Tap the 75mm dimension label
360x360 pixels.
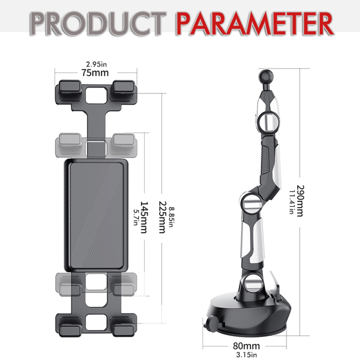pyautogui.click(x=95, y=73)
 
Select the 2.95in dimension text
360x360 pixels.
pyautogui.click(x=96, y=64)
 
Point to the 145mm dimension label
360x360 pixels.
pyautogui.click(x=144, y=217)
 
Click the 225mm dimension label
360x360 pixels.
pyautogui.click(x=162, y=217)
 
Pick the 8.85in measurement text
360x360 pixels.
pyautogui.click(x=171, y=217)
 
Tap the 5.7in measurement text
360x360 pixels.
pyautogui.click(x=136, y=217)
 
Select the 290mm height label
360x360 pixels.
pyautogui.click(x=300, y=201)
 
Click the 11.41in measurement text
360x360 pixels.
pyautogui.click(x=292, y=202)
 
